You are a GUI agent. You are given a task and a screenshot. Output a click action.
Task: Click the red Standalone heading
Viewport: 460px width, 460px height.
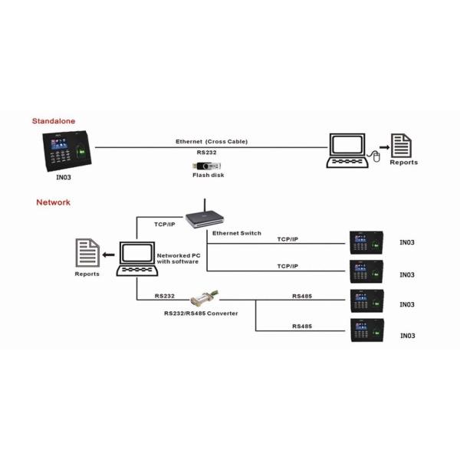(x=54, y=121)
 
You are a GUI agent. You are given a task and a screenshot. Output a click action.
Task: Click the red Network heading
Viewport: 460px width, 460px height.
(x=53, y=202)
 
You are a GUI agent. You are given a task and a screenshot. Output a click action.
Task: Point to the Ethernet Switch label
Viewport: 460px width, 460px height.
(x=236, y=232)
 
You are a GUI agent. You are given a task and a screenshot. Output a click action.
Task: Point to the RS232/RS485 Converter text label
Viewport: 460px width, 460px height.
(x=201, y=313)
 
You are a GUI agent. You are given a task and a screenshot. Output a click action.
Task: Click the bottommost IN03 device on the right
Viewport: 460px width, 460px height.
(x=365, y=330)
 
